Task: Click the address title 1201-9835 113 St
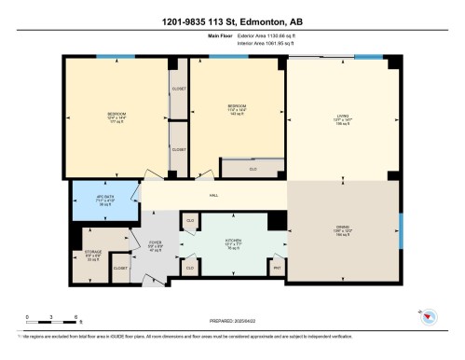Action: pos(232,21)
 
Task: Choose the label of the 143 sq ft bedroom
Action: pos(237,109)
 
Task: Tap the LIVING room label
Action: pos(343,119)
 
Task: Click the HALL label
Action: pos(213,195)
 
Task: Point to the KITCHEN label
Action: pos(233,243)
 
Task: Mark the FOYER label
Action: pos(155,246)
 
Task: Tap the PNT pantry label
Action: pos(277,268)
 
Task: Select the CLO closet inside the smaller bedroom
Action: pos(252,169)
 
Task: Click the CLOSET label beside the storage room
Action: pos(119,269)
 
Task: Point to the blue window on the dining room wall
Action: pos(402,228)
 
